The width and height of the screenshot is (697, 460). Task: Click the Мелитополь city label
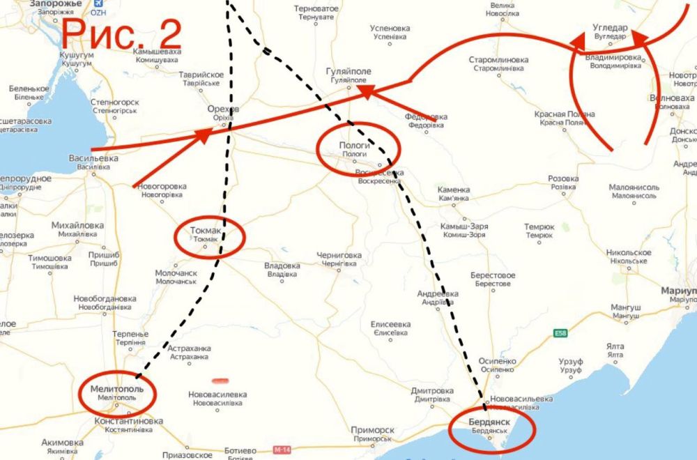coord(116,389)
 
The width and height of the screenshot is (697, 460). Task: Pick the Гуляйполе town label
coord(348,72)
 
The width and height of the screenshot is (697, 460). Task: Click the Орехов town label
coord(223,109)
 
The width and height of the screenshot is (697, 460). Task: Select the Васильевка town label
coord(93,158)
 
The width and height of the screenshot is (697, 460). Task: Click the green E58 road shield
coord(560,333)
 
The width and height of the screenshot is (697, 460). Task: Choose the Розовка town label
coord(563,178)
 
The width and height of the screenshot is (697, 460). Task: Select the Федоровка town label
coord(426,116)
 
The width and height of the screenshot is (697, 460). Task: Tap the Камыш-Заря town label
coord(464,227)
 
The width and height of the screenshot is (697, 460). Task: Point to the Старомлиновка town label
coord(498,60)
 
